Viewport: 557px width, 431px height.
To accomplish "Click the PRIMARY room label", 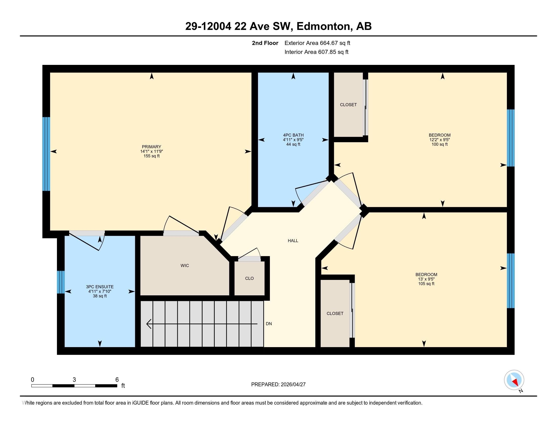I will (x=151, y=147).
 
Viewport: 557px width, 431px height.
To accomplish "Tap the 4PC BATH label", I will (x=293, y=135).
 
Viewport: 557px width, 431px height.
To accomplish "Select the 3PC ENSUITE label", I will (x=100, y=287).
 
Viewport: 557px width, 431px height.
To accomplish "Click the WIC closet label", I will (x=185, y=265).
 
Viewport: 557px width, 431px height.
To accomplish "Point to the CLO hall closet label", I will (x=249, y=278).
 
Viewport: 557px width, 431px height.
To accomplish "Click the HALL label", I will (x=293, y=241).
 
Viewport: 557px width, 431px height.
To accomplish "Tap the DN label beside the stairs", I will (x=269, y=324).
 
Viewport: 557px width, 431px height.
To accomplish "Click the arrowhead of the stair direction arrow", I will (x=149, y=324).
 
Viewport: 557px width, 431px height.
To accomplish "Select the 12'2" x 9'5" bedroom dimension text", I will (x=440, y=140).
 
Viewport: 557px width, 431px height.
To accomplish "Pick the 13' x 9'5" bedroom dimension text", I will (x=426, y=279).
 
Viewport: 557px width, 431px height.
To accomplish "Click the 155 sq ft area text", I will (x=151, y=156).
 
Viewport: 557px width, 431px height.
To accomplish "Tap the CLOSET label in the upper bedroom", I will (x=348, y=105).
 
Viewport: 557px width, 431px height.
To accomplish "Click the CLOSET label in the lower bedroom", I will (x=335, y=313).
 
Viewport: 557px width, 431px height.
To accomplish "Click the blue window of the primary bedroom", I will (x=46, y=154).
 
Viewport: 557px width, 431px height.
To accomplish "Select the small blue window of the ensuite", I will (x=61, y=282).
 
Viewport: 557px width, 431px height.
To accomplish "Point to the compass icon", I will (x=514, y=380).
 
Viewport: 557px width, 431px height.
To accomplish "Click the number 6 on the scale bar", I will (x=117, y=380).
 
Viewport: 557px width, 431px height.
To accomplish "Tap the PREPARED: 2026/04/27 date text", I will (x=278, y=384).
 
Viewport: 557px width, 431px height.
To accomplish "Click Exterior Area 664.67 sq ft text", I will (x=317, y=43).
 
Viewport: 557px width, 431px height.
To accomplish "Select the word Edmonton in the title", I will (x=323, y=26).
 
